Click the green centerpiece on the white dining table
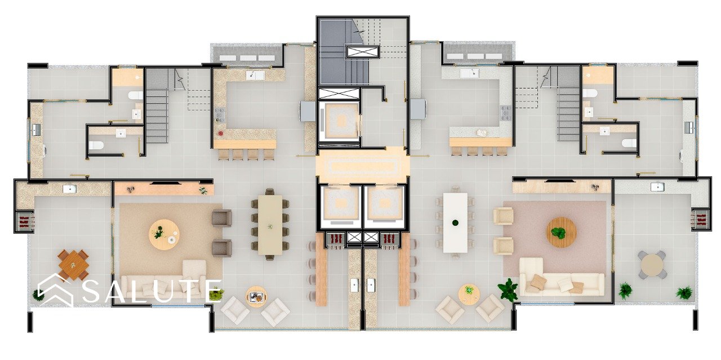coord(455,223)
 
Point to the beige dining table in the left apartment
coord(270,224)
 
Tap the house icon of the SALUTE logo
coord(55,290)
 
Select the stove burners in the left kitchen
coord(220,113)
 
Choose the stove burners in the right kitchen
coord(506,113)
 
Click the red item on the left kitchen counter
coord(221,133)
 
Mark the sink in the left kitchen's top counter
coord(255,75)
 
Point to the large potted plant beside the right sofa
coord(508,289)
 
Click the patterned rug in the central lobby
coord(363,166)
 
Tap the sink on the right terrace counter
coord(657,187)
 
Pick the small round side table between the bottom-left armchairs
coord(256,296)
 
